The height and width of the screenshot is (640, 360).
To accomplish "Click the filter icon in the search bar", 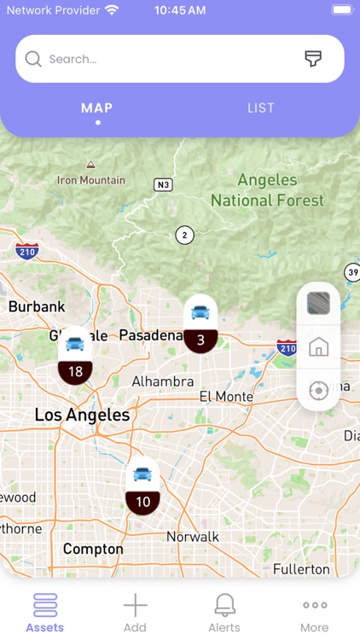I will [x=313, y=59].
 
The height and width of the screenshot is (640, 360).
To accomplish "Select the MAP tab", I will [x=97, y=108].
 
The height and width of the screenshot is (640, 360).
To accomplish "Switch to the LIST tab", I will [x=261, y=108].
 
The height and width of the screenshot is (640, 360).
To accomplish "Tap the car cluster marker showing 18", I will [x=75, y=356].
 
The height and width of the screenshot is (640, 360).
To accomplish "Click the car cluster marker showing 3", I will [x=200, y=324].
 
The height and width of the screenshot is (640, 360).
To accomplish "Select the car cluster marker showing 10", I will [x=142, y=486].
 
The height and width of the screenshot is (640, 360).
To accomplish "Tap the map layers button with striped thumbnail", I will [x=318, y=304].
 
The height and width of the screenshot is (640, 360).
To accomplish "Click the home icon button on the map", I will [x=318, y=347].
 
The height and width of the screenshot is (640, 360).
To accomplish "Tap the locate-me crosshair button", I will [x=318, y=391].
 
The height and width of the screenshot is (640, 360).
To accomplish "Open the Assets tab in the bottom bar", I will [x=44, y=613].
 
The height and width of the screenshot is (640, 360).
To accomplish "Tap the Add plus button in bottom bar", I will [x=135, y=613].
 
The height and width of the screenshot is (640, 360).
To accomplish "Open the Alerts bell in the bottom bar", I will [x=225, y=613].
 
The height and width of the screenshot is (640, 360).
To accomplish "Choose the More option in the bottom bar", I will [x=315, y=613].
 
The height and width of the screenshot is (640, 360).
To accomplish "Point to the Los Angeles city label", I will [x=82, y=416].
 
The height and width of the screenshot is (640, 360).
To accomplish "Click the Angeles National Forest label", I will [x=267, y=190].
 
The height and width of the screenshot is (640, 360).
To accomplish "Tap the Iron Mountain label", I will [x=90, y=180].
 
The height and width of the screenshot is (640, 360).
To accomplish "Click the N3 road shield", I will [x=163, y=184].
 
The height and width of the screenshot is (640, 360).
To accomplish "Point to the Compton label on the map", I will [x=93, y=550].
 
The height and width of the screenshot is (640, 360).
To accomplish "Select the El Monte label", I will [x=226, y=397].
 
